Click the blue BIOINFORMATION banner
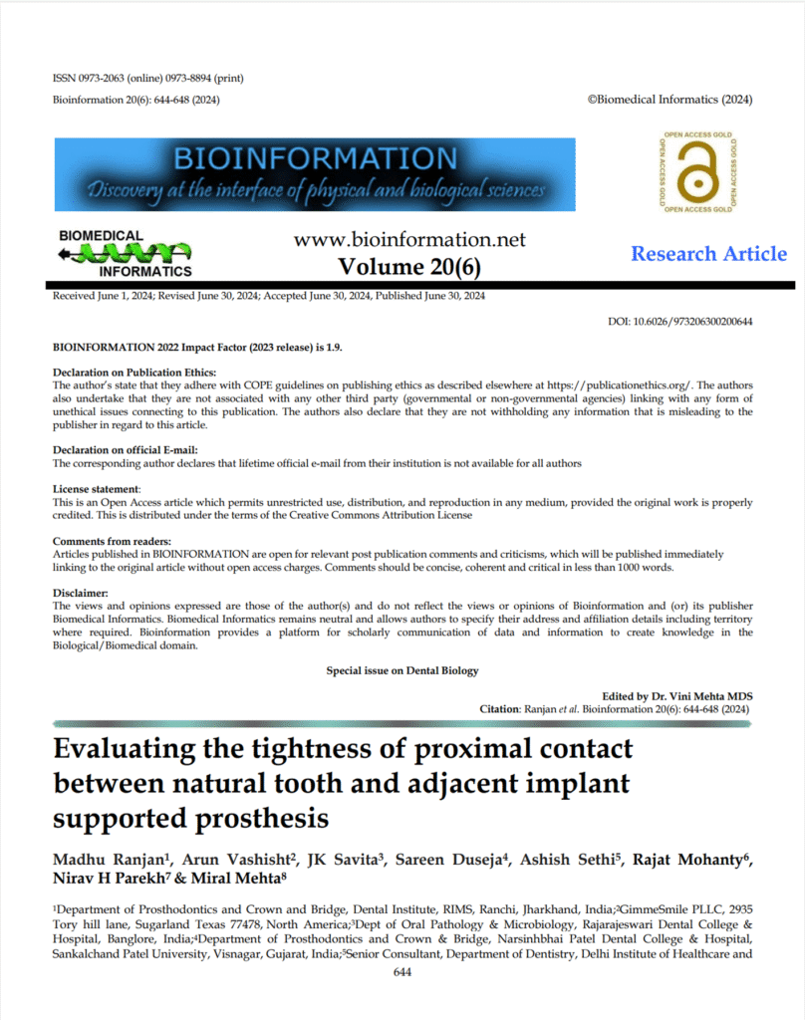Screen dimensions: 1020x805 315,175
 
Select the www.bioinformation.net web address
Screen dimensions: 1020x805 409,240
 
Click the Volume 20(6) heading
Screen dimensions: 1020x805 409,267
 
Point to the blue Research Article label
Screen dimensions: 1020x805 708,254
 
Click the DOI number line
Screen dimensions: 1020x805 679,322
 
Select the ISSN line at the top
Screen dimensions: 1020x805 147,79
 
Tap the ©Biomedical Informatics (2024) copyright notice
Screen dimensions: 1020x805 671,100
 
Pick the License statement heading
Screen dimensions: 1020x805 96,490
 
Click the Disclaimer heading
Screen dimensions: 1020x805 81,593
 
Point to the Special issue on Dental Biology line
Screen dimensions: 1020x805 402,670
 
